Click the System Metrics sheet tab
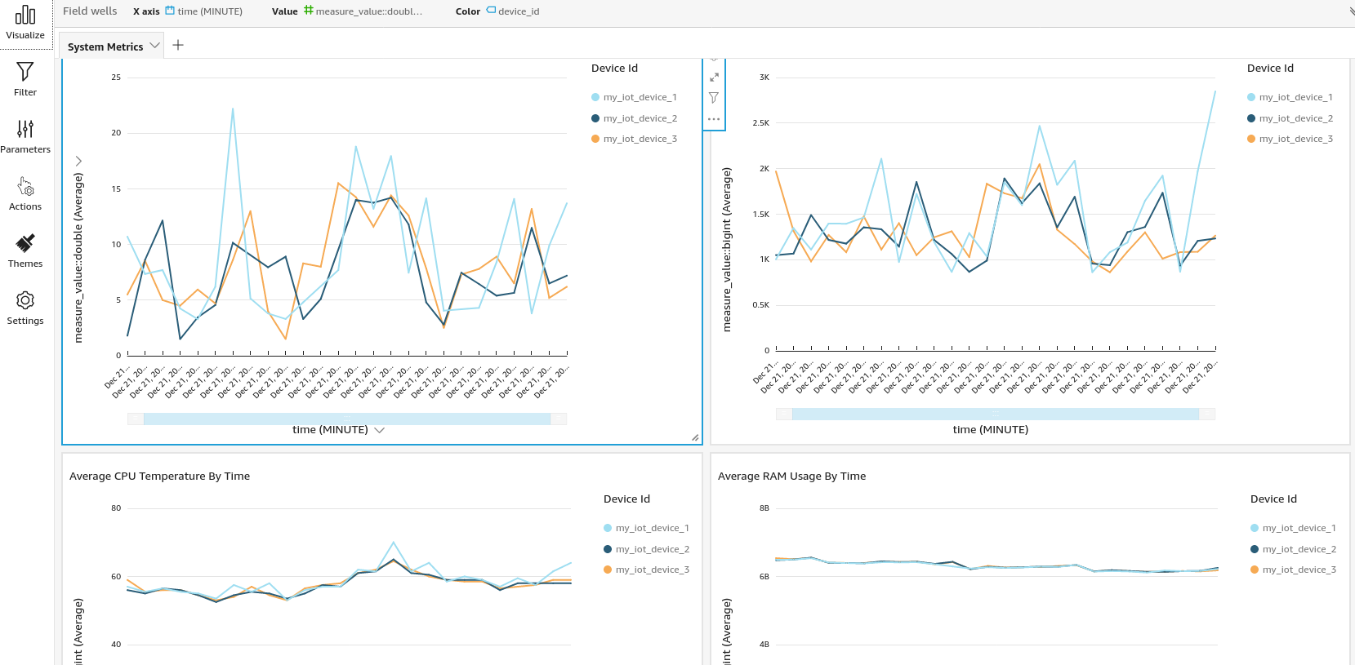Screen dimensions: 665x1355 point(105,47)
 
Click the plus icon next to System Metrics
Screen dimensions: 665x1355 point(178,45)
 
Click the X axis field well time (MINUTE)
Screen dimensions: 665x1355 point(209,11)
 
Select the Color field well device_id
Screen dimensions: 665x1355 point(518,11)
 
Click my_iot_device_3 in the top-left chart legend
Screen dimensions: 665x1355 point(640,139)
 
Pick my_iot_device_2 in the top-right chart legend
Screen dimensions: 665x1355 point(1295,118)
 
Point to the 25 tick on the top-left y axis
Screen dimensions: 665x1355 point(116,78)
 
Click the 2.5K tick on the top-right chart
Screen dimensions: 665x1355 point(760,123)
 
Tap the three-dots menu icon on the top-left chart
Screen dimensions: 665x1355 point(714,119)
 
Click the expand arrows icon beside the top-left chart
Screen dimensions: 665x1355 point(714,77)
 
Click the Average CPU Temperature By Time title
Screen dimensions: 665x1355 point(159,476)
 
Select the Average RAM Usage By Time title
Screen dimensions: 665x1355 point(791,476)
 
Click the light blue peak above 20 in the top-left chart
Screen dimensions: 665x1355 point(233,109)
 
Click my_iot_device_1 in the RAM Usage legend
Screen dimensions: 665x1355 point(1299,528)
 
